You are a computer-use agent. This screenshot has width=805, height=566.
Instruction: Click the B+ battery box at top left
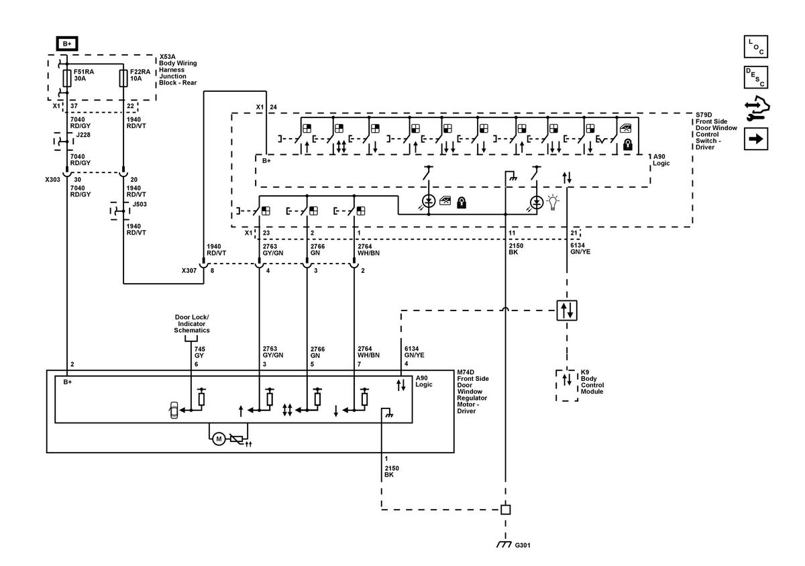67,44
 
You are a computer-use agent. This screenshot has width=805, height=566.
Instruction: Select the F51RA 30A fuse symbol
67,78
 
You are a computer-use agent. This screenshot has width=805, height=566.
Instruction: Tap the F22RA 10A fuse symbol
123,78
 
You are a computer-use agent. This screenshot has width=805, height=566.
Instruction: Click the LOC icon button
756,46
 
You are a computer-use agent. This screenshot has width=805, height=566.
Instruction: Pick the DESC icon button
756,77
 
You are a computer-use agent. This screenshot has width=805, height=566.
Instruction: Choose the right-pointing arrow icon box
756,139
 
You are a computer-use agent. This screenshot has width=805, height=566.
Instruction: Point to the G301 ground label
523,545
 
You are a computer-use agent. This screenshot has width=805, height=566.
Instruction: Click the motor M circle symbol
219,439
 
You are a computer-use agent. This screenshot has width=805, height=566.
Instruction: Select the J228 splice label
83,135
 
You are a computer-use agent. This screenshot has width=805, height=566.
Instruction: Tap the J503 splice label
140,204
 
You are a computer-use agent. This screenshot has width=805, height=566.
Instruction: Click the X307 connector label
189,270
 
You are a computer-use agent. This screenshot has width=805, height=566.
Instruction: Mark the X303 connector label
52,179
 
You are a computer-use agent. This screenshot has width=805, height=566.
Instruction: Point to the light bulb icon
553,203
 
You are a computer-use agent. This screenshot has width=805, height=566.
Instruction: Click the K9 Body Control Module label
592,382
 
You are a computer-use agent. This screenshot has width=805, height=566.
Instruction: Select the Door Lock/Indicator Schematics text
192,323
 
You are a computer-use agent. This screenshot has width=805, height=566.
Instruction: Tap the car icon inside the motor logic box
174,410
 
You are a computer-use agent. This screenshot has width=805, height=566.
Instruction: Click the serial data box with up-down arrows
567,310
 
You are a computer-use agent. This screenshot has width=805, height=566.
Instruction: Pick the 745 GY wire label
199,352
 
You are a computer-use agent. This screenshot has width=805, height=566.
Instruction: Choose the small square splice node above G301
505,510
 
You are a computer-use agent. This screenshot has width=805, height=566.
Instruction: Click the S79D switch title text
716,131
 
